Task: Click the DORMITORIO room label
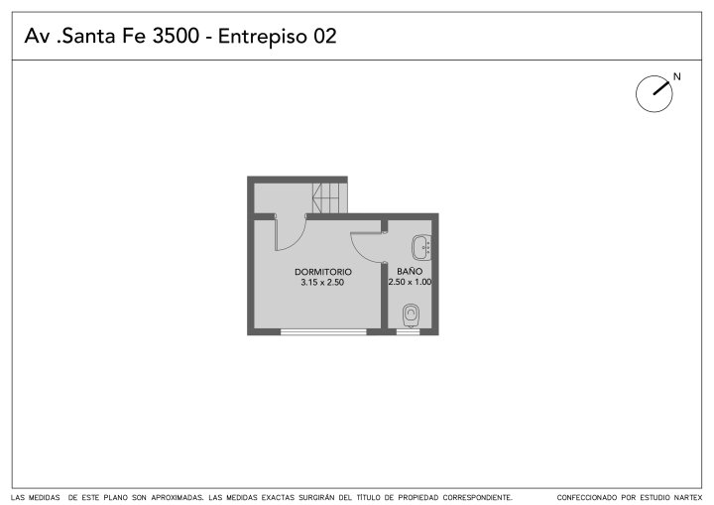[323, 272]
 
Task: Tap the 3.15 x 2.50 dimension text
[322, 282]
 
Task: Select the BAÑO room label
[410, 271]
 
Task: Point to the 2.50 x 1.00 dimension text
[410, 282]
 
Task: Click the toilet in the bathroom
[411, 315]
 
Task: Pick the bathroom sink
[421, 247]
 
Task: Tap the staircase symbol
[329, 197]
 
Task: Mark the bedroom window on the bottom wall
[323, 331]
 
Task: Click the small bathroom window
[408, 331]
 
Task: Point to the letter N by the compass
[676, 76]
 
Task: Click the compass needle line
[661, 88]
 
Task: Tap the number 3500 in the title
[176, 36]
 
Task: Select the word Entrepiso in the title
[263, 37]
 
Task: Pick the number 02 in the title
[324, 36]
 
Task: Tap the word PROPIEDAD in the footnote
[418, 497]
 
